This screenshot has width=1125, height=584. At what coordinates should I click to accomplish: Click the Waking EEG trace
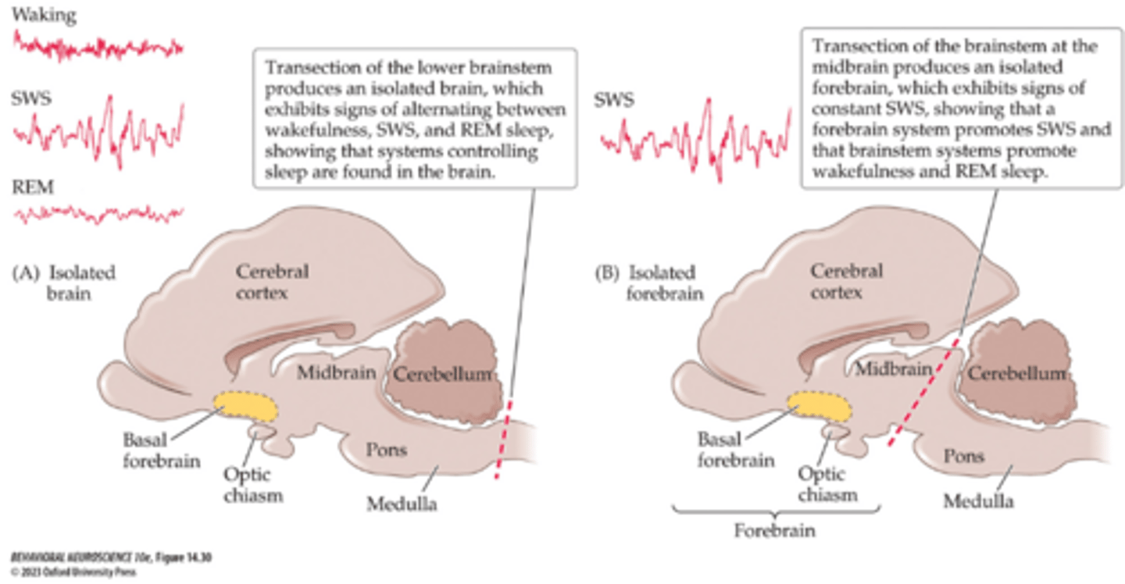point(98,46)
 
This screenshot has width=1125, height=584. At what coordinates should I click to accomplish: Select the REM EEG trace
point(98,212)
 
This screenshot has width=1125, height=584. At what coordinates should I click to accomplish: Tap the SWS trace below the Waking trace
point(98,130)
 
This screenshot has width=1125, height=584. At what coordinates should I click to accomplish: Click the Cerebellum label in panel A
point(443,375)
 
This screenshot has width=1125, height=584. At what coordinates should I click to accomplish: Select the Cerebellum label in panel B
point(1017,375)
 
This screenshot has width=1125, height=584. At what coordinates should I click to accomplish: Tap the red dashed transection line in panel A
point(505,437)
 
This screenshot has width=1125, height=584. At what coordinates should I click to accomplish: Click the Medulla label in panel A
point(402,504)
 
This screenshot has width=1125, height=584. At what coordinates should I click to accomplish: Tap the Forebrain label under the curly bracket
point(775,531)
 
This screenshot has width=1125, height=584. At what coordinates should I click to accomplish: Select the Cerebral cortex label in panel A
point(273,283)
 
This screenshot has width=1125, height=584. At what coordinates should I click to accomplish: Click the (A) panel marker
point(27,273)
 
